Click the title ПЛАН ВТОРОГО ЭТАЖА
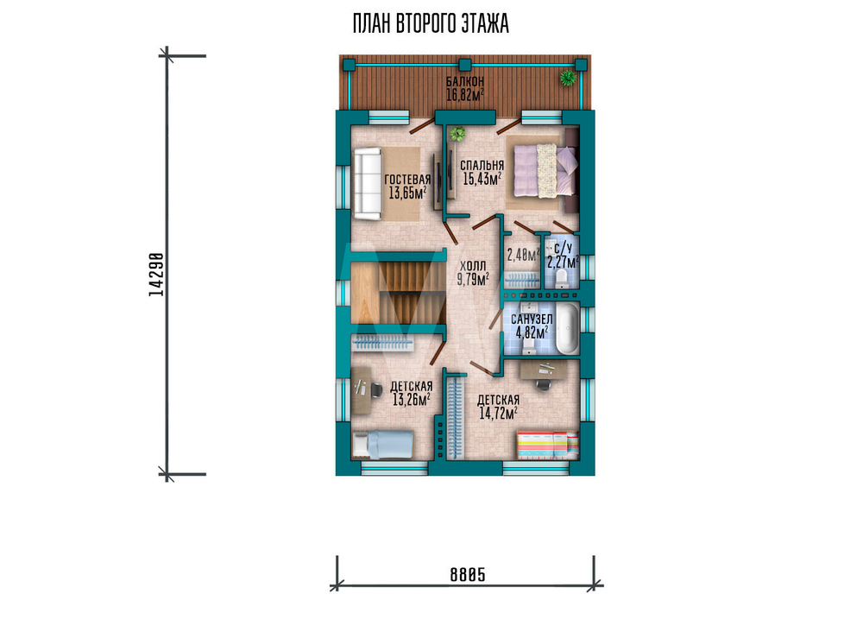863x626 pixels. click(x=431, y=23)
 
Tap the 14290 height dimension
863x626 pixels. click(x=156, y=275)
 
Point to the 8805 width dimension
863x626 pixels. click(x=468, y=575)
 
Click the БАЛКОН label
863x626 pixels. click(x=465, y=82)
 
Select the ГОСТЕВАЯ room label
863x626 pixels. click(x=407, y=180)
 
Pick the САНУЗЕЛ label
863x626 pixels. click(x=532, y=319)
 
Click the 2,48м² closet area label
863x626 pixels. click(x=523, y=255)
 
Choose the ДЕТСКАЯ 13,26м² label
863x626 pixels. click(x=411, y=393)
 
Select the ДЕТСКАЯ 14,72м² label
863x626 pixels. click(x=498, y=407)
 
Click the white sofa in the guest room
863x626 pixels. click(x=368, y=184)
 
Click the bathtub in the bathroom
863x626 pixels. click(x=567, y=329)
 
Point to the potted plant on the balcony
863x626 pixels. click(x=568, y=78)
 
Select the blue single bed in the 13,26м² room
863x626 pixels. click(x=383, y=445)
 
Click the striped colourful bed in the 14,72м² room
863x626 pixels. click(x=548, y=445)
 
